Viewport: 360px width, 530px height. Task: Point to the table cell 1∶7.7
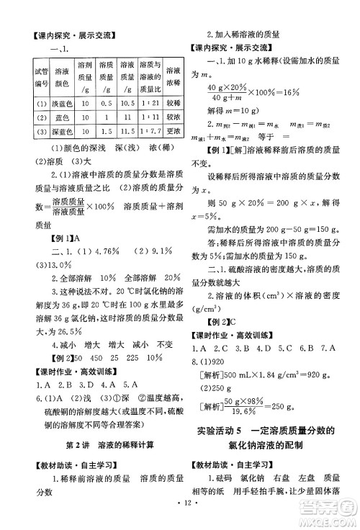150,132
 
